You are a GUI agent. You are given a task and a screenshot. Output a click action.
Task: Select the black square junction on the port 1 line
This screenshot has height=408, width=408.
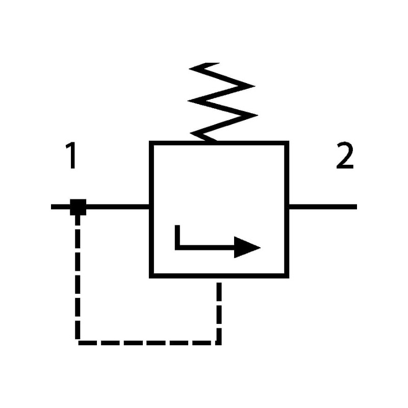tap(78, 207)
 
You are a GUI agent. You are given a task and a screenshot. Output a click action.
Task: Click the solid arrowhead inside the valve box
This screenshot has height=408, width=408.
tap(248, 248)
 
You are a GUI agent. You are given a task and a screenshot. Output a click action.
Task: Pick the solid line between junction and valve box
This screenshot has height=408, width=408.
tap(117, 207)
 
